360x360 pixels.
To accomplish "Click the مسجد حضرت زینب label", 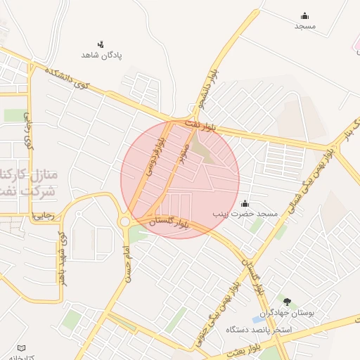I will point(247,212).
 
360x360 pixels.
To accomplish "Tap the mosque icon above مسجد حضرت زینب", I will point(245,202).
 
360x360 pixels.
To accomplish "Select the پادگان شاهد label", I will point(102,54).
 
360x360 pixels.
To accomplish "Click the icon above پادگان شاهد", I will point(101,44).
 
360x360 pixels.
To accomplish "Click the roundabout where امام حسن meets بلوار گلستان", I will point(125,221).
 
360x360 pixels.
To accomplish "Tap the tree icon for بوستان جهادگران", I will point(287,302).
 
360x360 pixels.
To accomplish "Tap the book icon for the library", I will point(20,348).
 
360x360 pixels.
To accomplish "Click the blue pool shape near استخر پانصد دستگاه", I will point(258,320).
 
